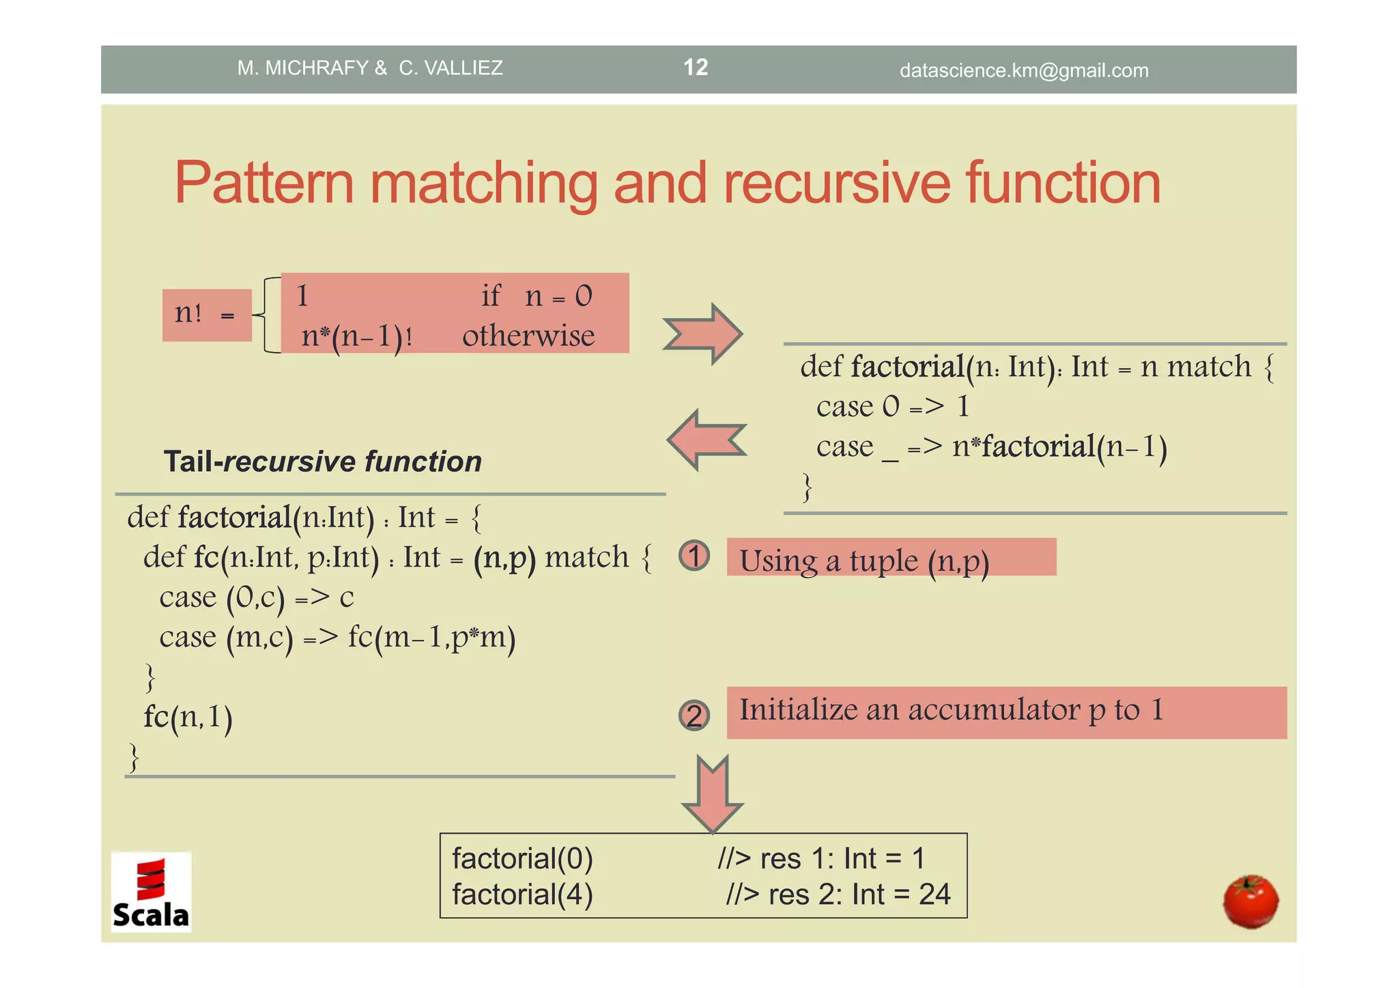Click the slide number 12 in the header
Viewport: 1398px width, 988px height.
tap(696, 67)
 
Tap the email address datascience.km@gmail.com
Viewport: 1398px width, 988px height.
tap(1024, 70)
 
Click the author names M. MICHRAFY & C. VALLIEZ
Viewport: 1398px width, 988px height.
tap(370, 68)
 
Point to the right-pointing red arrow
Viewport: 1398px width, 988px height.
tap(703, 334)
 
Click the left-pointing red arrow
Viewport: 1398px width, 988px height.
tap(707, 440)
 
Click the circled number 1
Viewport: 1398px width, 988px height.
tap(694, 556)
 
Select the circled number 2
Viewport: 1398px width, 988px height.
tap(694, 716)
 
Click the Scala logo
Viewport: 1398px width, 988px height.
tap(151, 892)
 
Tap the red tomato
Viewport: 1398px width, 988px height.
tap(1251, 901)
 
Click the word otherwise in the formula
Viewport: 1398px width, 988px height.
tap(528, 336)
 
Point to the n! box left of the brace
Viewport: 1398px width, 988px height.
tap(206, 315)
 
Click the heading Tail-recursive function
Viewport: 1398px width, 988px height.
tap(322, 462)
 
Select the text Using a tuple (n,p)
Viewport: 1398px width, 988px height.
tap(864, 561)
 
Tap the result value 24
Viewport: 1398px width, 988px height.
tap(934, 894)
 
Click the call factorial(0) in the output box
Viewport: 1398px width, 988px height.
tap(522, 858)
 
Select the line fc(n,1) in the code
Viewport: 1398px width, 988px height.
tap(188, 718)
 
